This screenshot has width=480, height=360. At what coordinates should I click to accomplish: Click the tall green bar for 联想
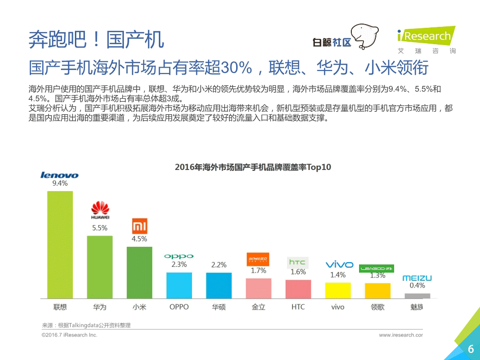60,245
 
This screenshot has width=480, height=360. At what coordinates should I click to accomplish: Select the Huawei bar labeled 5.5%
100,267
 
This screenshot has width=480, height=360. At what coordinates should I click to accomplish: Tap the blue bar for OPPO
179,285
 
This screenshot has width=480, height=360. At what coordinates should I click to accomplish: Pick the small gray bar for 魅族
417,296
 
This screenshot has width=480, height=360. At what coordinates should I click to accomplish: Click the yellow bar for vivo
338,290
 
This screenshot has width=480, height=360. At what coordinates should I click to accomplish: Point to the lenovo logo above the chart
60,175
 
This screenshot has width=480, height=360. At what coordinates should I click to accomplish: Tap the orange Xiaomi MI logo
140,226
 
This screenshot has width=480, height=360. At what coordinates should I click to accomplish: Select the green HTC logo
298,262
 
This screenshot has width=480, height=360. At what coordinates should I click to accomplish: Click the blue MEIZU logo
417,278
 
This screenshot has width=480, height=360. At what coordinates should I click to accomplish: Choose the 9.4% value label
60,183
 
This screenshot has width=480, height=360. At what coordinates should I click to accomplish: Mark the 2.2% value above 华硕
219,265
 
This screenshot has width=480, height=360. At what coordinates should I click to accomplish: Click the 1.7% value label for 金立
258,271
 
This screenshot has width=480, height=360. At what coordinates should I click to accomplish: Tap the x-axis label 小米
139,307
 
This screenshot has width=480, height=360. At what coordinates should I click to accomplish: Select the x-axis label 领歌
377,307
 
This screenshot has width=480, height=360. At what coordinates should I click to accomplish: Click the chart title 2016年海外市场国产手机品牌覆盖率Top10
253,168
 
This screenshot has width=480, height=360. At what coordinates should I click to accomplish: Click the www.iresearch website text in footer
401,335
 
